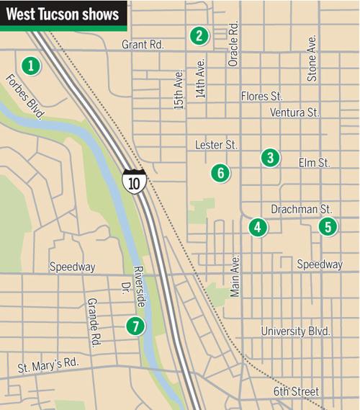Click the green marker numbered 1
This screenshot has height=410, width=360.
[30, 66]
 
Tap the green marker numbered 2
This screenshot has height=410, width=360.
[199, 35]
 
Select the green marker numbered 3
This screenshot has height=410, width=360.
[269, 157]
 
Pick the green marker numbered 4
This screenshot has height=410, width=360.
[257, 228]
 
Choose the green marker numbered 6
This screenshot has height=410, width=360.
[220, 172]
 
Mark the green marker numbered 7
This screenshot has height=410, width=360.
[134, 326]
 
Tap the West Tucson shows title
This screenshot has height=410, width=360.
[62, 14]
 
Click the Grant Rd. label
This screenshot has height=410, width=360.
[143, 45]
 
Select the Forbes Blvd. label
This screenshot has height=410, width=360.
[24, 97]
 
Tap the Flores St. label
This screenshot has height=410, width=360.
[261, 95]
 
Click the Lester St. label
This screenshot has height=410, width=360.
[216, 145]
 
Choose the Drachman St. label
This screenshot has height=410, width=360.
[300, 209]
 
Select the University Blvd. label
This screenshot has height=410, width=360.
[295, 331]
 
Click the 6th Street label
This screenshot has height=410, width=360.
[296, 391]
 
